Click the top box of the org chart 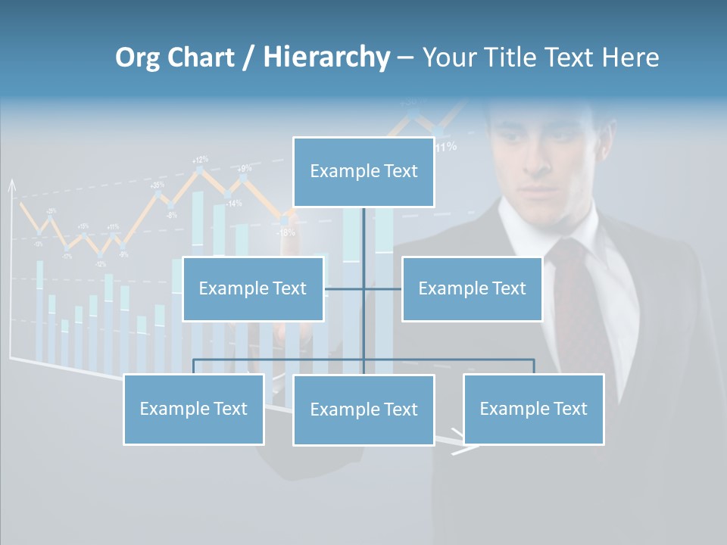point(363,172)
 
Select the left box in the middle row point(253,288)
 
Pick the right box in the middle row point(472,288)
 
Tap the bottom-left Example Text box point(193,409)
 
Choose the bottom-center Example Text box point(363,410)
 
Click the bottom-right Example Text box point(533,409)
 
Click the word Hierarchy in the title point(326,58)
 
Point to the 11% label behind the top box point(446,146)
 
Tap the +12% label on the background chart point(200,160)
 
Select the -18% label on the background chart point(285,232)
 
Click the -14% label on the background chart point(233,203)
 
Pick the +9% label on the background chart point(244,168)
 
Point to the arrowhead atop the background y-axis point(11,184)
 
